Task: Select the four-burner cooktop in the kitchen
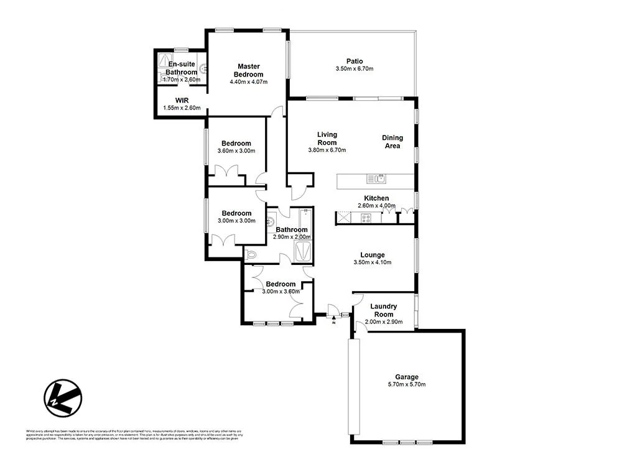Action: click(x=366, y=218)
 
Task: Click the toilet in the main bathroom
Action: click(x=251, y=254)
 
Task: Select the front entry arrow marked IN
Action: click(x=333, y=318)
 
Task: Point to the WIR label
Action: click(x=182, y=99)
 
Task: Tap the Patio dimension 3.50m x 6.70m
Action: click(x=355, y=68)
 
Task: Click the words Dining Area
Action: click(x=392, y=142)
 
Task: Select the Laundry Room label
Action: click(x=383, y=310)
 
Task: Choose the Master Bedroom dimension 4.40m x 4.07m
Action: click(x=248, y=81)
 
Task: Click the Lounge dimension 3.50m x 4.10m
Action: click(x=372, y=263)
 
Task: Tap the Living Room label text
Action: click(x=327, y=138)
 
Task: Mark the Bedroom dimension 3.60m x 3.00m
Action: click(x=236, y=150)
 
